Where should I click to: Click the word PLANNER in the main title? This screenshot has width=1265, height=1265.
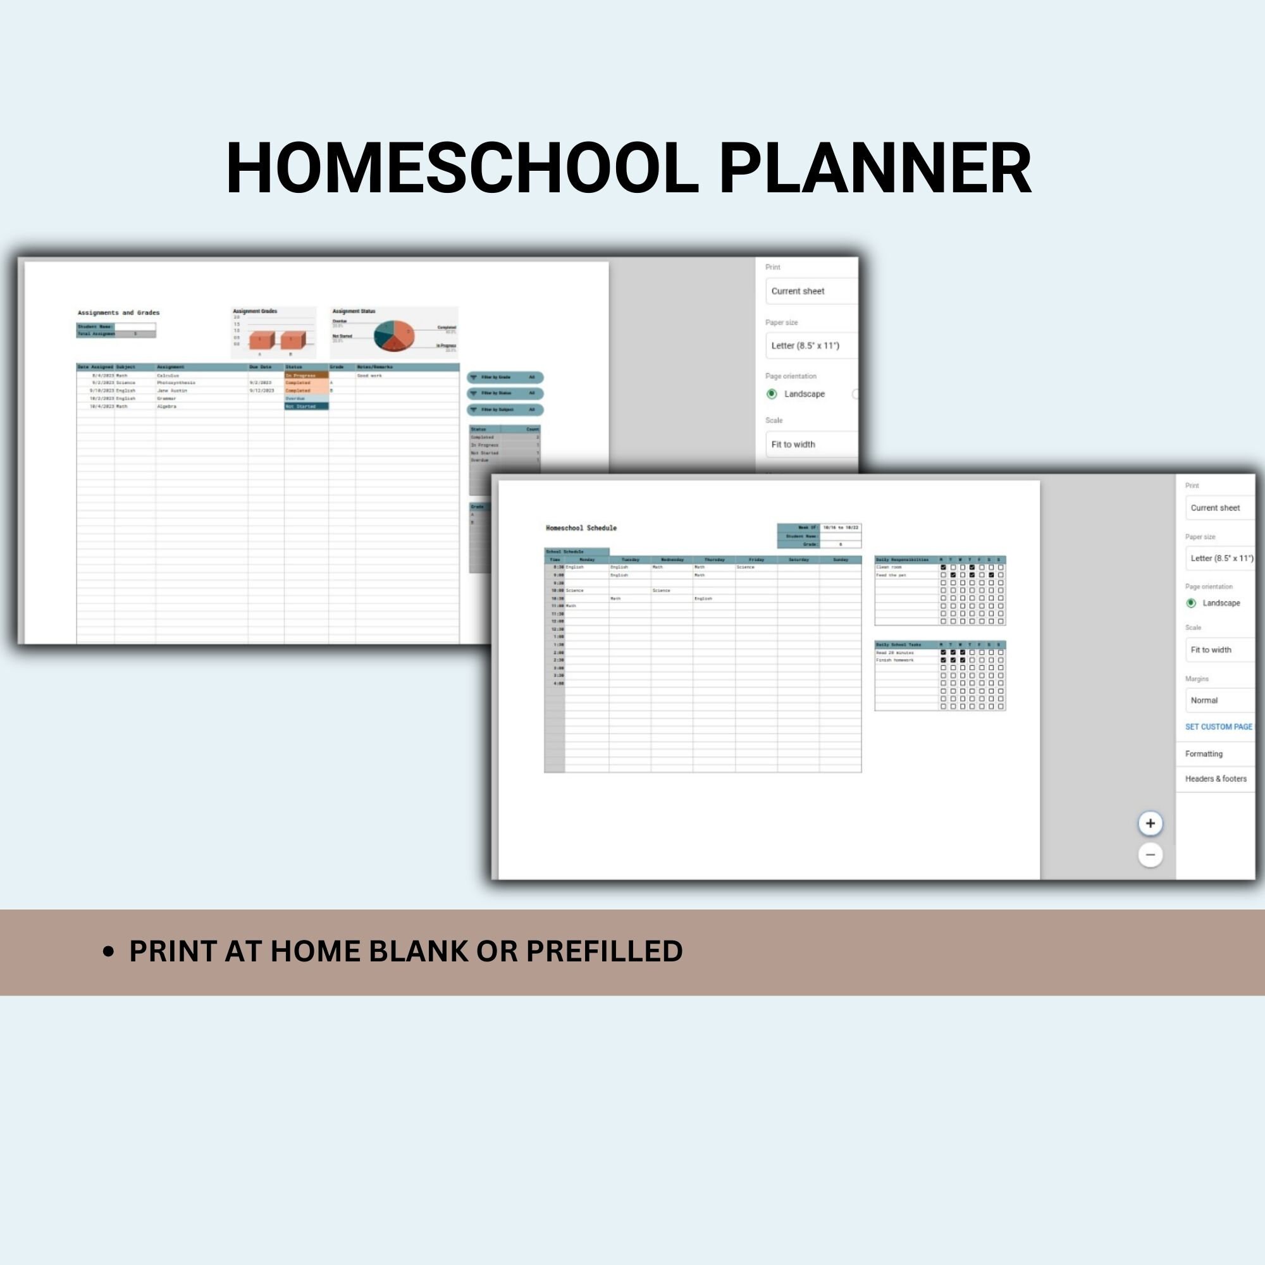pos(875,169)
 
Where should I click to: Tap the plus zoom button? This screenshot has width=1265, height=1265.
pos(1151,823)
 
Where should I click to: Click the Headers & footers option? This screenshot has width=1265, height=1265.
pos(1215,779)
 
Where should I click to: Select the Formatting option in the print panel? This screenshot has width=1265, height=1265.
pos(1204,754)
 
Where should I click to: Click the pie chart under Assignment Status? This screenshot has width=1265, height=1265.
pos(393,335)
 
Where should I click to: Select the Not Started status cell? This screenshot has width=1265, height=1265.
pos(305,407)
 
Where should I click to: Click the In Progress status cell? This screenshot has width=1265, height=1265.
pos(305,375)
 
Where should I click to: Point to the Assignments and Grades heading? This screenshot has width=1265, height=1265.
pos(118,313)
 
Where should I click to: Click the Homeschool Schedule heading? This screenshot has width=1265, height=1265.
pos(581,528)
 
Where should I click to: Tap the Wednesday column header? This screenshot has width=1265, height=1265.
pos(672,560)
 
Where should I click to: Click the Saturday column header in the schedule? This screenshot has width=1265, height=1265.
pos(798,560)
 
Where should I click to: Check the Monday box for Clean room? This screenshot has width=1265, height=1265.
pos(943,567)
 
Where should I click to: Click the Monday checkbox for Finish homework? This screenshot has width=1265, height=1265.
pos(943,660)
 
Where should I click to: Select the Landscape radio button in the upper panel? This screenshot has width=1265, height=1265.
pos(771,393)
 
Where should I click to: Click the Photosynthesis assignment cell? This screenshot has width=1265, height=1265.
pos(175,383)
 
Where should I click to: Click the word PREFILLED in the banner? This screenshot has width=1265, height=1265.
pos(603,951)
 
